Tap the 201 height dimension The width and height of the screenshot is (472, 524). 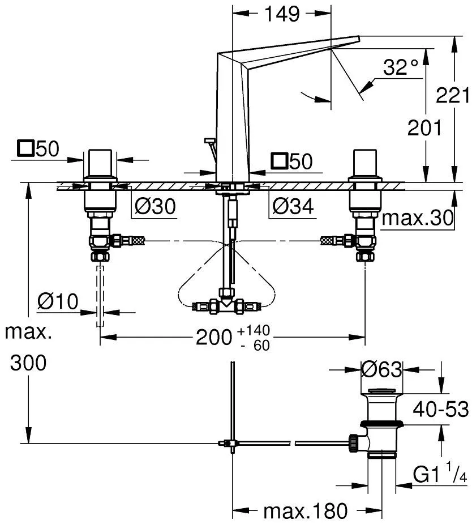point(425,129)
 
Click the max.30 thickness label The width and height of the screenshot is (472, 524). point(418,219)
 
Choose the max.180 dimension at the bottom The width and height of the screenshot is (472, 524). point(306,512)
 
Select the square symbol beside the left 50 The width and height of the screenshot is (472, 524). point(25,150)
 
